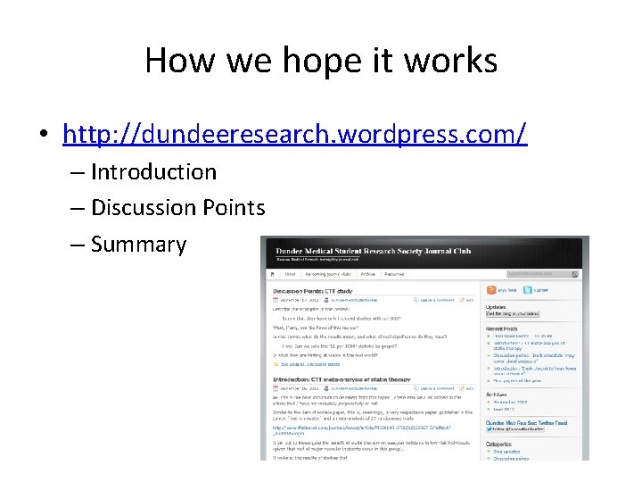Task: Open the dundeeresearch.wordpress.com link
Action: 295,134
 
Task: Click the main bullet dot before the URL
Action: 43,136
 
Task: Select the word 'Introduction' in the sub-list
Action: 153,171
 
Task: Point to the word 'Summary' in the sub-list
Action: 138,245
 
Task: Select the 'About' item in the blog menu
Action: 290,274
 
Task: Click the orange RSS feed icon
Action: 490,290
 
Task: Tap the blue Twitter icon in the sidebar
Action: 529,290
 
